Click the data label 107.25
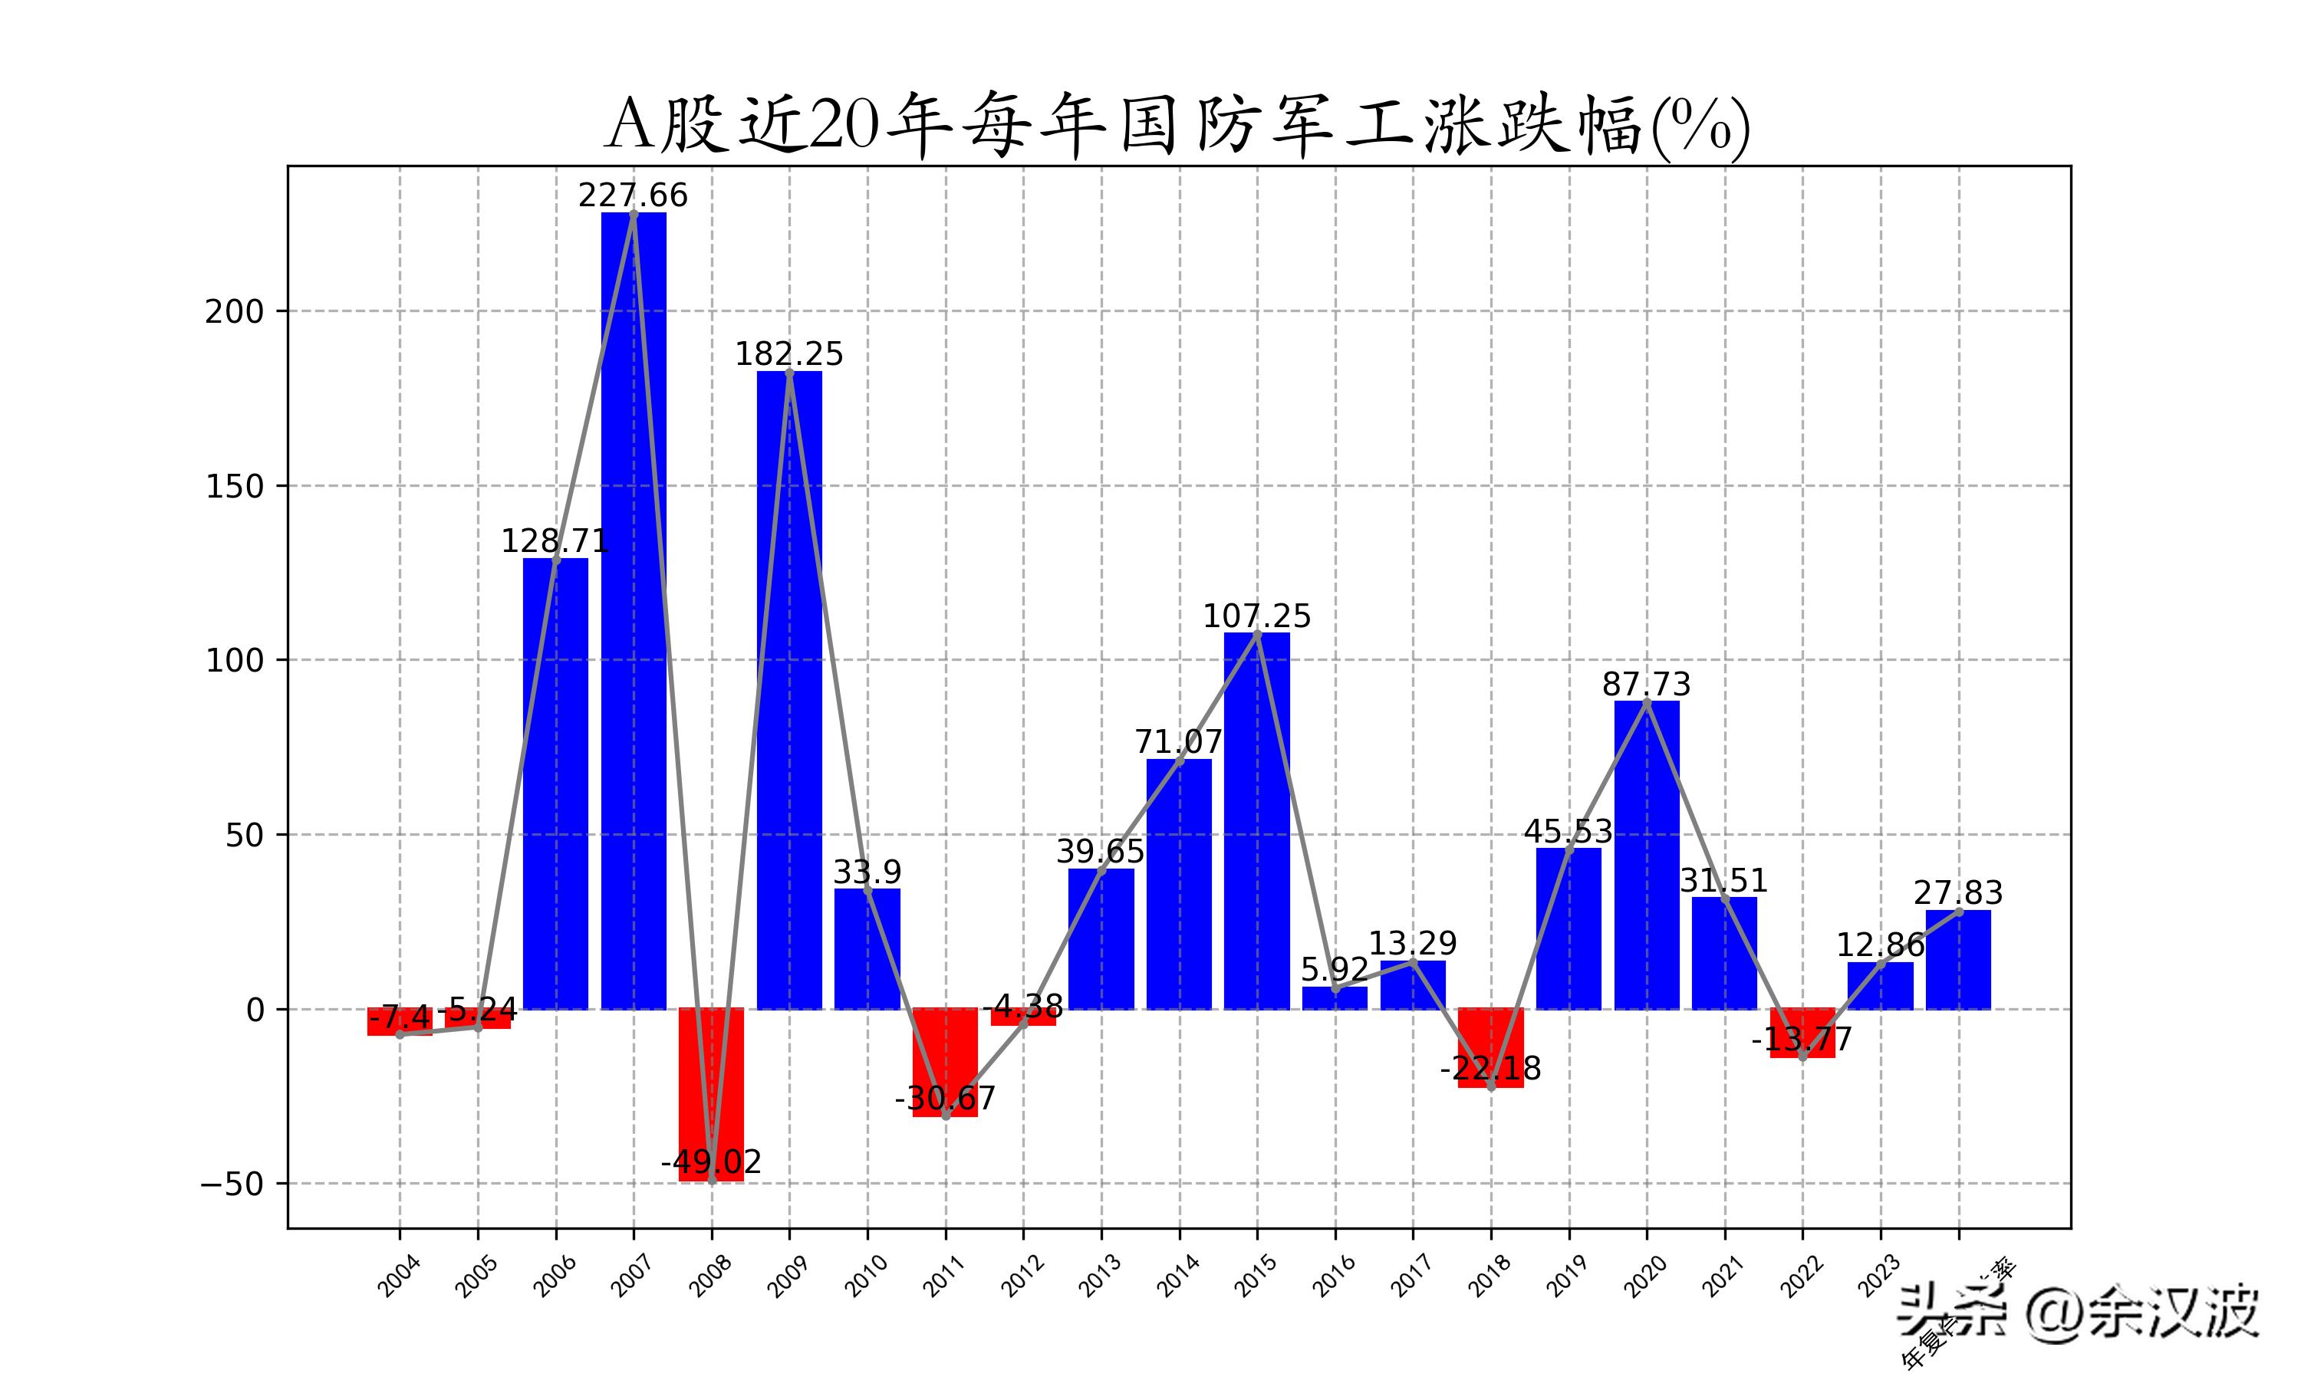pos(1256,616)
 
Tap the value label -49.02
pos(712,1162)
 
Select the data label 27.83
pos(1958,892)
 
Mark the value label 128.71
pos(555,541)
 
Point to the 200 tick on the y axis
pos(235,311)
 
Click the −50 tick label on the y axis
pos(232,1184)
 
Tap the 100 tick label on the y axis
pos(235,660)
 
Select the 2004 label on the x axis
pos(399,1276)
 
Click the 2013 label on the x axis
pos(1101,1276)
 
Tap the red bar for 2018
pos(1491,1048)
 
